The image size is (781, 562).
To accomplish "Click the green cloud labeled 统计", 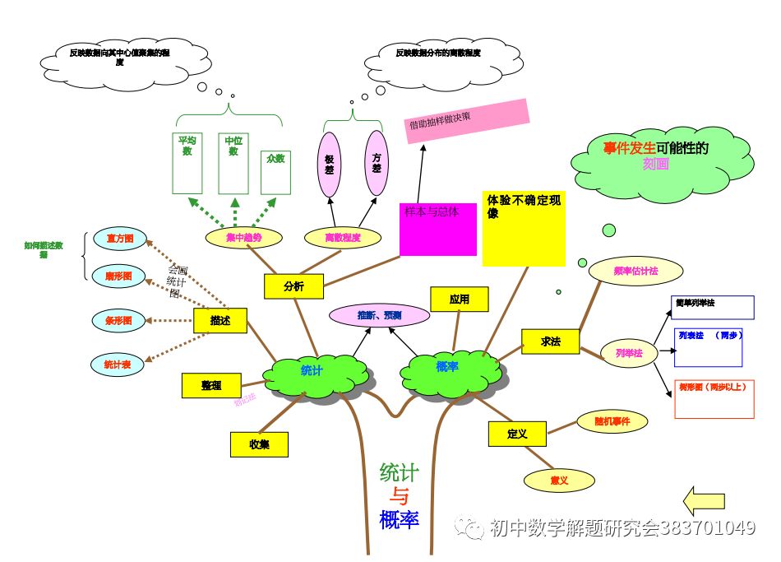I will [313, 371].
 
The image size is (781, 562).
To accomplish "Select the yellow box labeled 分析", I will [293, 286].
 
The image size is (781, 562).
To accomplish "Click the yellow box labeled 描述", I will [220, 321].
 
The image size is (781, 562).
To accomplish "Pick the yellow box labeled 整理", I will [211, 385].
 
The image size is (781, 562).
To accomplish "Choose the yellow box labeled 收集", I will [259, 444].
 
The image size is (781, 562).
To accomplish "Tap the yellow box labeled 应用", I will [459, 300].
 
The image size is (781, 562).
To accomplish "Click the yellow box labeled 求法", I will [550, 341].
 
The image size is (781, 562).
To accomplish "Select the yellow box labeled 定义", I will [516, 434].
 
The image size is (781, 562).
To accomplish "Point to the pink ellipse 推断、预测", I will [379, 315].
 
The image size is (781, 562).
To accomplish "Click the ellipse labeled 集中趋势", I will [243, 238].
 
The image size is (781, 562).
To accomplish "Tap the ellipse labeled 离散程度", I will [343, 238].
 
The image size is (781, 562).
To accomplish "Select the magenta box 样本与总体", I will [437, 230].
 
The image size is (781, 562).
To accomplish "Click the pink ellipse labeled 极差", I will [329, 165].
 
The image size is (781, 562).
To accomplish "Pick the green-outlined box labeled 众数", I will [275, 173].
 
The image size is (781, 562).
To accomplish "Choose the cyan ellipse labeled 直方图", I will [119, 239].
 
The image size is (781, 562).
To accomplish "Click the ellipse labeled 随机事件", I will [612, 422].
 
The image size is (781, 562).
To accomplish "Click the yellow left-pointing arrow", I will [705, 500].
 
